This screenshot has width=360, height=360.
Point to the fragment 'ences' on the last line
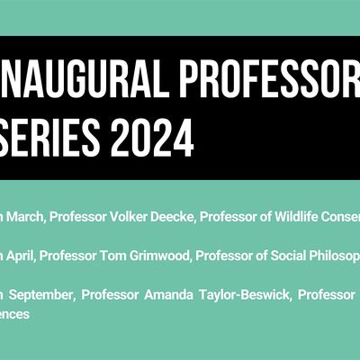click(15, 314)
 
